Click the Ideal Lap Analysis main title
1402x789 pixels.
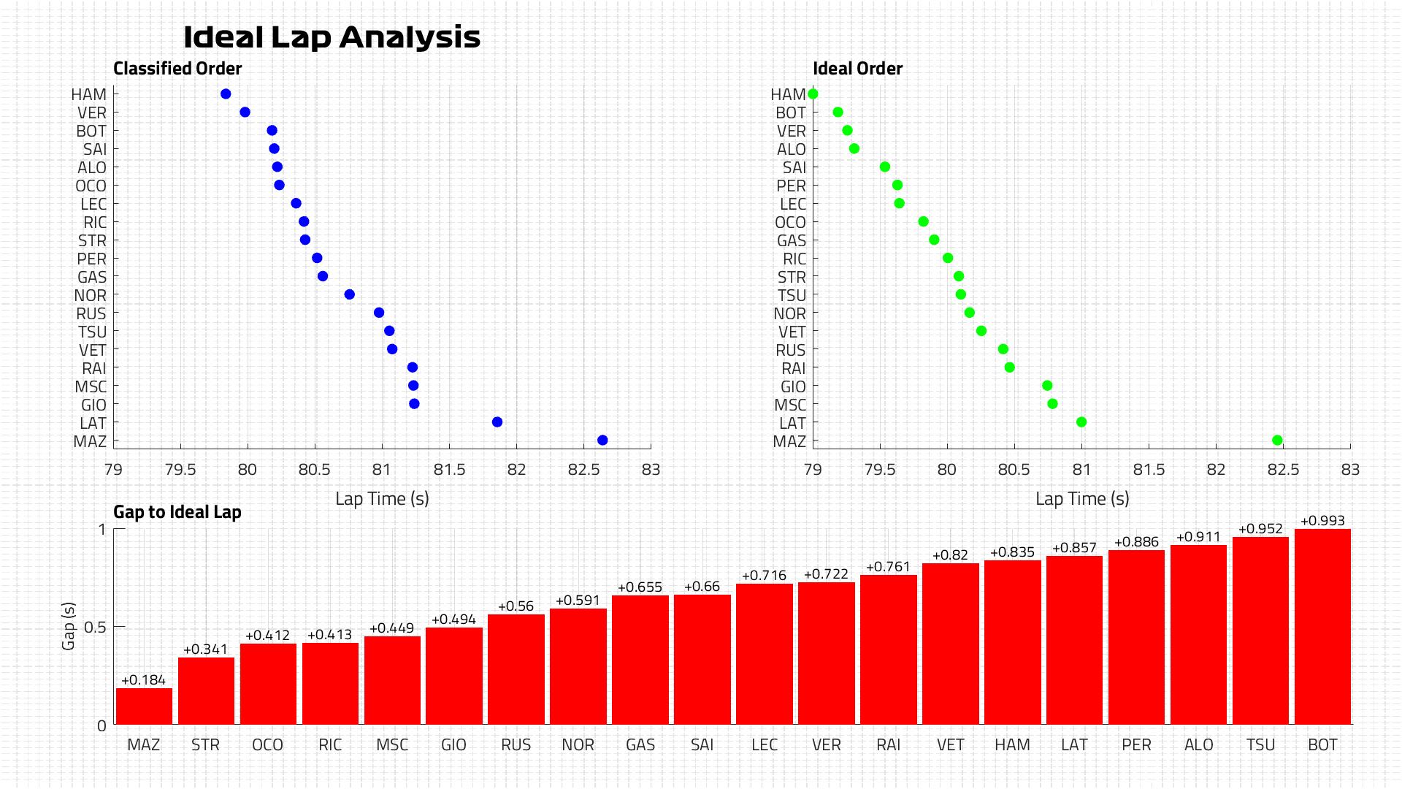[332, 37]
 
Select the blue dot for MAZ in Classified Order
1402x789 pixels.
[602, 441]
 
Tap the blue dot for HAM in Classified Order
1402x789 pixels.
[226, 94]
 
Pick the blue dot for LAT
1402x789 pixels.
[497, 422]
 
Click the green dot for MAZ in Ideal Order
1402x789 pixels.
[1277, 441]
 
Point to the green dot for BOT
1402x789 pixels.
[838, 113]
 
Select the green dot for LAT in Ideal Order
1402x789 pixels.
[1081, 422]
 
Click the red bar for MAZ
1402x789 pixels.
[144, 706]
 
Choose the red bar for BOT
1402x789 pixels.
[1322, 627]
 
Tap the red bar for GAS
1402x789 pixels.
[640, 660]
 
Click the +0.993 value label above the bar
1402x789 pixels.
[1322, 521]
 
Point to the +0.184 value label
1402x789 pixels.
[144, 680]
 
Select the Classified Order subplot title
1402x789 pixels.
[177, 69]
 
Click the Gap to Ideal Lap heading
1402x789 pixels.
[177, 512]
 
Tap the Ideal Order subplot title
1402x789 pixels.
[858, 69]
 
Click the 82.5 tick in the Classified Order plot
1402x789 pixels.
[583, 470]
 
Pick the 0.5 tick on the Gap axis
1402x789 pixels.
[95, 628]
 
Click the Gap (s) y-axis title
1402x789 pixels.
[69, 626]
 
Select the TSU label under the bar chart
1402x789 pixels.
[1261, 745]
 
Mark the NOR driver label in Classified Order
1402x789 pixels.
[91, 296]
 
